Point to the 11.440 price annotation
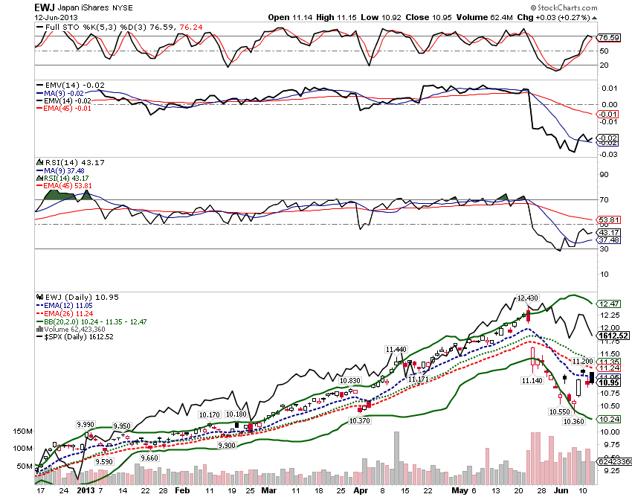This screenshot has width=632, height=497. tap(396, 348)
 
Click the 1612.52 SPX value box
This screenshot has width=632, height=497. tap(615, 336)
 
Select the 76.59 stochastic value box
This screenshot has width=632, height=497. tap(608, 37)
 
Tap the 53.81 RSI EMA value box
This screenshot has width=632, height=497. tap(608, 220)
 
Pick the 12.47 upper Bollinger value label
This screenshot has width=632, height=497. tap(608, 304)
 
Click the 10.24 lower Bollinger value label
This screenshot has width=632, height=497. tap(608, 419)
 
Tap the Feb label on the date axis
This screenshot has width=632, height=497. tap(181, 491)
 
